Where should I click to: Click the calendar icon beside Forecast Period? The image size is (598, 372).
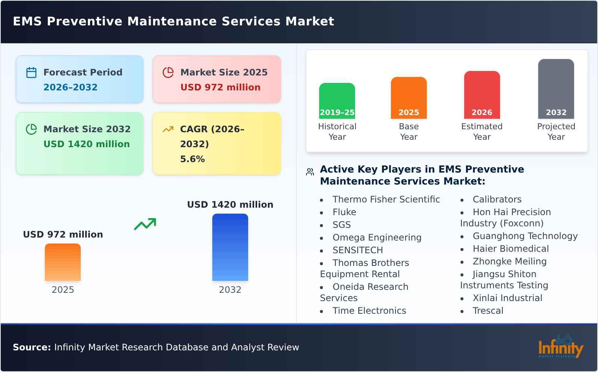click(31, 72)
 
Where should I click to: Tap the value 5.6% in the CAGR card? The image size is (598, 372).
click(192, 159)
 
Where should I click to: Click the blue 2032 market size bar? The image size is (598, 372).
click(230, 247)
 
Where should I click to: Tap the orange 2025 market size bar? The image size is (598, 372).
click(63, 262)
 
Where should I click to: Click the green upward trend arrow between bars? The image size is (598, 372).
click(145, 224)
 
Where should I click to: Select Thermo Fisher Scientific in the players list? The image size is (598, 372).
click(386, 199)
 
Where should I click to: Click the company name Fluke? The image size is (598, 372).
click(344, 212)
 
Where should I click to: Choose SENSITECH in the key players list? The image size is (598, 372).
click(358, 250)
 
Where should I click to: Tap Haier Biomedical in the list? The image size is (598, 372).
click(511, 249)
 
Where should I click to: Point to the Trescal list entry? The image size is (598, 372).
click(488, 311)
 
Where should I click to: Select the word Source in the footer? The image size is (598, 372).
click(32, 347)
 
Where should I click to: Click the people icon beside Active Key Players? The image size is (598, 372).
click(310, 172)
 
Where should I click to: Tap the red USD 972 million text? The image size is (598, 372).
click(220, 87)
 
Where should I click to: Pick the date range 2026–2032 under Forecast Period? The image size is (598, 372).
click(70, 87)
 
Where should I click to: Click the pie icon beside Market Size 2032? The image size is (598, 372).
click(31, 129)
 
